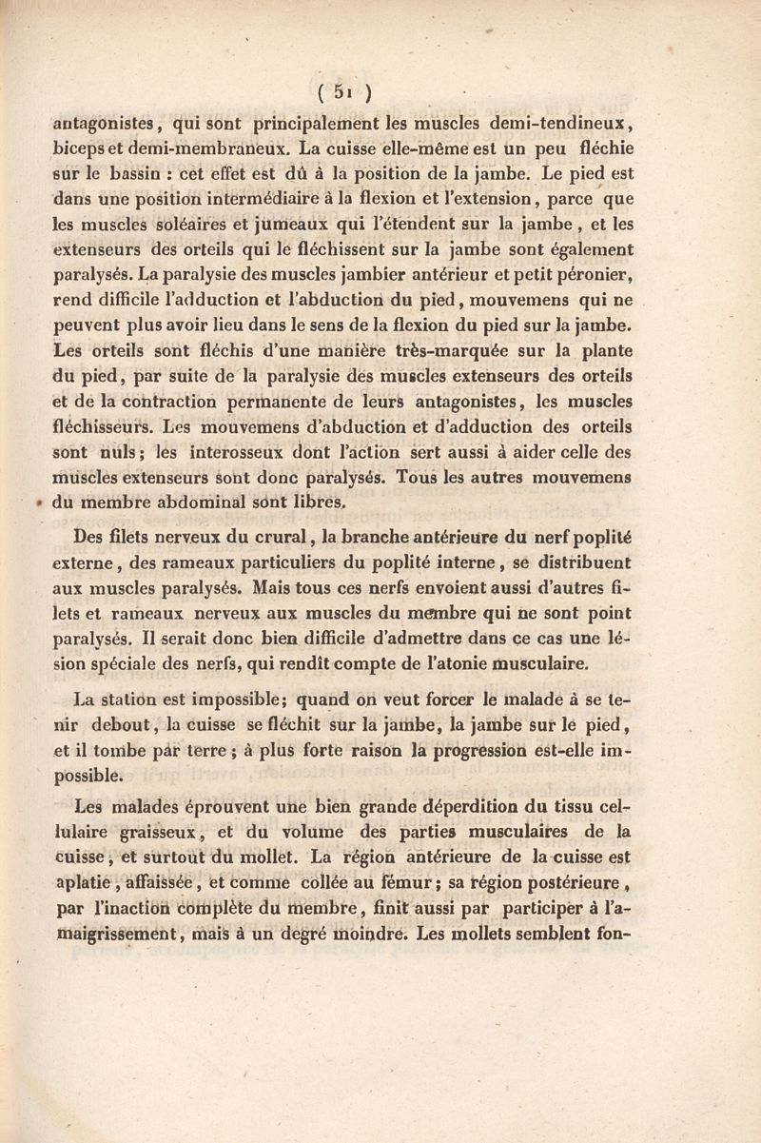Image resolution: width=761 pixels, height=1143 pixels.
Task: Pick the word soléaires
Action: coord(198,226)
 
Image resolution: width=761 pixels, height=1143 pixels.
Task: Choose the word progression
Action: coord(465,751)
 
